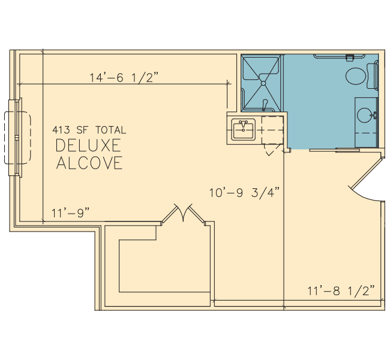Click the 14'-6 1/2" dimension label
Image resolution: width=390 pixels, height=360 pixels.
coord(124,77)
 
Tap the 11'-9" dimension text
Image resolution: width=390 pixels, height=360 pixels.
coord(70,213)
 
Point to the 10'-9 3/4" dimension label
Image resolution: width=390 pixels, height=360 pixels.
coord(244,193)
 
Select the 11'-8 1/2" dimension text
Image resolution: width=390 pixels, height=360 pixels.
coord(341,290)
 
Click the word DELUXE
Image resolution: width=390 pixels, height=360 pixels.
coord(88,146)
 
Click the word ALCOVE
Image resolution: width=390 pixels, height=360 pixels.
coord(89,163)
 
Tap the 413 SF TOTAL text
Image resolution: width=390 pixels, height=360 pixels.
coord(89,130)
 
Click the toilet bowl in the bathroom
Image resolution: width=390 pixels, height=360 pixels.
coord(356,76)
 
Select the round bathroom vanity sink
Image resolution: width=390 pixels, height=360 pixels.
coord(365,115)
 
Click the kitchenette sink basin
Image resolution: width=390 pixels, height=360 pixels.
coord(243,130)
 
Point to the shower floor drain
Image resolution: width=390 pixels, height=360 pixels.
coord(263,83)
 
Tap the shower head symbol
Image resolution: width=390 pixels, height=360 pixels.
coord(265,104)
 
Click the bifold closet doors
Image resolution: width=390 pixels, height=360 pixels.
coord(184,213)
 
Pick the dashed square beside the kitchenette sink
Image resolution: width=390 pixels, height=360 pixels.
coord(272,130)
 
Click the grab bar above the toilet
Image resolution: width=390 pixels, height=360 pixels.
coord(339,56)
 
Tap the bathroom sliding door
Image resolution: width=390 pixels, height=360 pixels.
coord(335,150)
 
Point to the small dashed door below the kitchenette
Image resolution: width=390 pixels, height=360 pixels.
coord(272,150)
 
